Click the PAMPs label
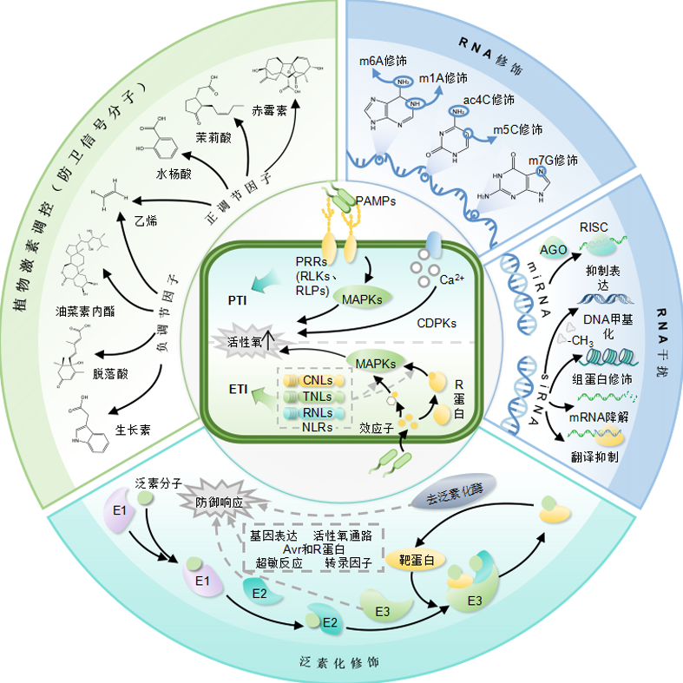click(376, 200)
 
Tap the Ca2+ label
click(451, 279)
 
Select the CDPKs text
click(437, 323)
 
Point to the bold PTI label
click(238, 300)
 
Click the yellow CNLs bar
click(313, 381)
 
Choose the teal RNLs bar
click(313, 413)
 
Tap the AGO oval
click(553, 250)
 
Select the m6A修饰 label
click(383, 61)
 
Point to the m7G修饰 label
click(553, 161)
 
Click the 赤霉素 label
click(269, 111)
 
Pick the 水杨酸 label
click(174, 174)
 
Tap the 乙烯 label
click(146, 220)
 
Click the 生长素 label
click(133, 430)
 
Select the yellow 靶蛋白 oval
click(416, 560)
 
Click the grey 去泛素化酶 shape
click(454, 492)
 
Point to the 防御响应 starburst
click(220, 502)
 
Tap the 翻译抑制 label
click(594, 457)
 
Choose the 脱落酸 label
click(110, 374)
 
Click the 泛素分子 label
click(158, 483)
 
